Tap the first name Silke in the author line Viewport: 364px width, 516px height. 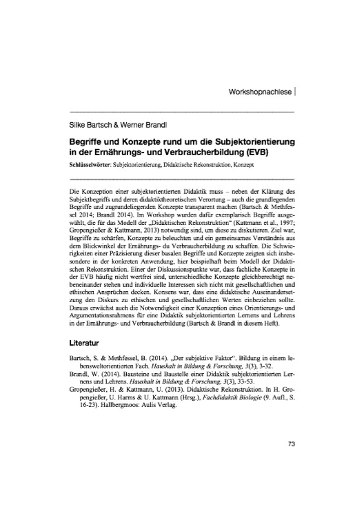pos(79,128)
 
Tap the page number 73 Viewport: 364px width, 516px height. pos(289,463)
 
